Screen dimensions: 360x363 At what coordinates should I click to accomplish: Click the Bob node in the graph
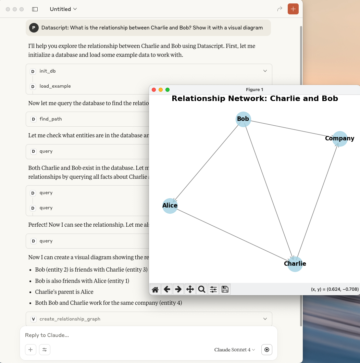point(243,119)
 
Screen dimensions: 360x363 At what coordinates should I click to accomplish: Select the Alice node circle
point(170,206)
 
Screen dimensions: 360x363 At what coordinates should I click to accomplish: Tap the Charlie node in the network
point(295,264)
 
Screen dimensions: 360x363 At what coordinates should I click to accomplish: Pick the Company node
point(340,139)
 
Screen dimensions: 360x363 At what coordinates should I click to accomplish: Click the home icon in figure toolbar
point(155,289)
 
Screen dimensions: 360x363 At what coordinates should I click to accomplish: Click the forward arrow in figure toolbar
point(178,289)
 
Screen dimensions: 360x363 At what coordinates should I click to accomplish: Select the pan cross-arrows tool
point(190,289)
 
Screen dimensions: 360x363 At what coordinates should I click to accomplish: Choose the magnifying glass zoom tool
point(202,289)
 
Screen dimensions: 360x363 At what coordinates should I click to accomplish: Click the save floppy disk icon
point(225,289)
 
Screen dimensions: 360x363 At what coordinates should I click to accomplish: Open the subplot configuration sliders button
point(213,289)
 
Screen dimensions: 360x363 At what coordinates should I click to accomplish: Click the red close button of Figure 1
point(154,90)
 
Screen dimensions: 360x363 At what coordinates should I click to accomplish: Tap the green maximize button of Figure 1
point(167,90)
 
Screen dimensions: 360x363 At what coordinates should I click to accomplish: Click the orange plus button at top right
point(293,9)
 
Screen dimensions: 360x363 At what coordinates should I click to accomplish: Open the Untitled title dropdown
point(63,9)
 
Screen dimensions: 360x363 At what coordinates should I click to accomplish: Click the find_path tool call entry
point(51,119)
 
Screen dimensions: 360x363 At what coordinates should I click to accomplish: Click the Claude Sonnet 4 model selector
point(235,350)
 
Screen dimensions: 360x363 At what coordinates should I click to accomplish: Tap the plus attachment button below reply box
point(30,350)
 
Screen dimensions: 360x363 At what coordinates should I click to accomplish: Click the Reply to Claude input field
point(148,335)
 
